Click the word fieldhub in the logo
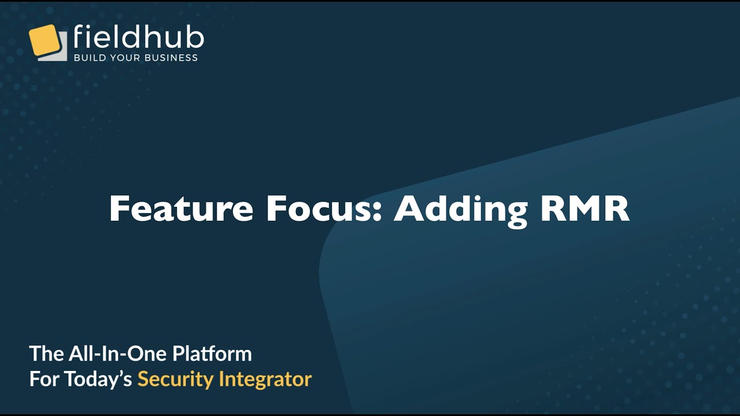pyautogui.click(x=139, y=38)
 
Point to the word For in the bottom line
pyautogui.click(x=44, y=379)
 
